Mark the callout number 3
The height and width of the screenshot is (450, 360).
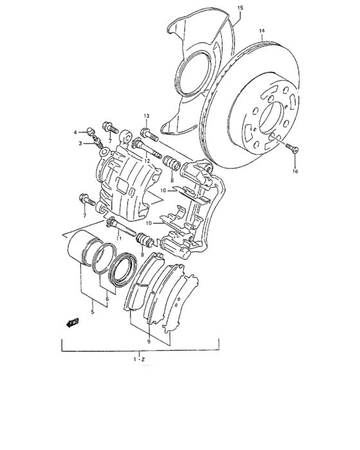[81, 143]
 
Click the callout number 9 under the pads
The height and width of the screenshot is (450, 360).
[148, 341]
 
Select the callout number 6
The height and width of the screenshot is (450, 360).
[107, 299]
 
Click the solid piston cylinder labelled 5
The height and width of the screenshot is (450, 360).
[80, 248]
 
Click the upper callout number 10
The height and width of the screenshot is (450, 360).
[164, 190]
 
